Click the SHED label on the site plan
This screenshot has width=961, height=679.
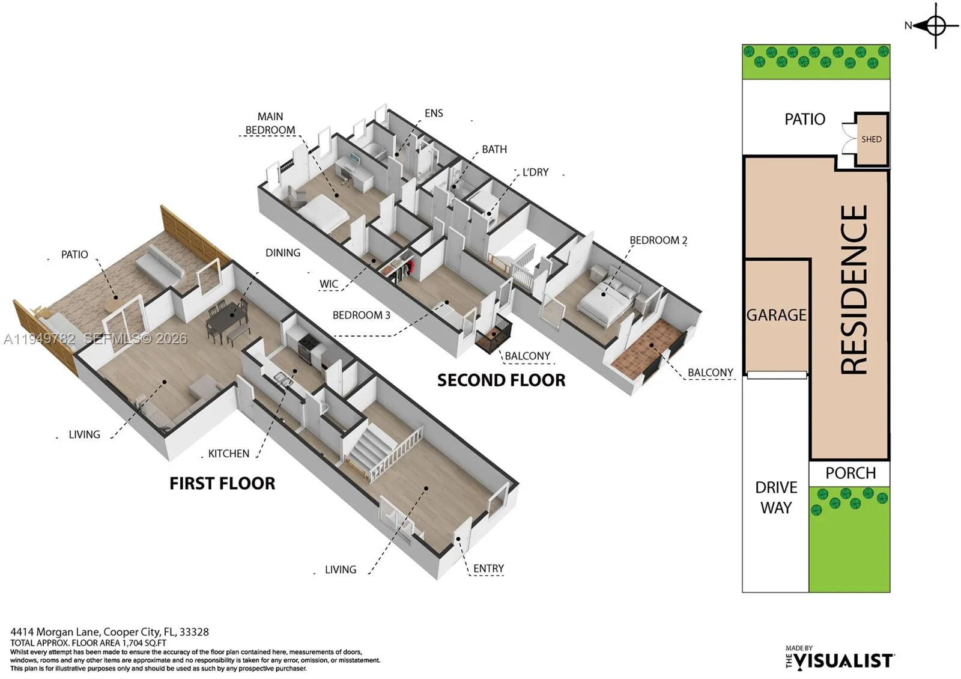pyautogui.click(x=871, y=139)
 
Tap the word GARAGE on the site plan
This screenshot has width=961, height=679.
pyautogui.click(x=776, y=315)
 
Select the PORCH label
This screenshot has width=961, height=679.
pyautogui.click(x=850, y=473)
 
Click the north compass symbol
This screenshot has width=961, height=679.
pyautogui.click(x=935, y=26)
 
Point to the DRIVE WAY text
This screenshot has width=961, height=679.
pyautogui.click(x=776, y=498)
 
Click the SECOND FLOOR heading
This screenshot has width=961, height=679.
pyautogui.click(x=501, y=380)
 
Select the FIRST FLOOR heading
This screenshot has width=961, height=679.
pyautogui.click(x=222, y=484)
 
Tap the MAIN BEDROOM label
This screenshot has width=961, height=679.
pyautogui.click(x=270, y=123)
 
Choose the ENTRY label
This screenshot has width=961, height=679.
pyautogui.click(x=488, y=568)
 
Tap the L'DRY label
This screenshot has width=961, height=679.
pyautogui.click(x=535, y=172)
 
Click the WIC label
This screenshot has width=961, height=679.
pyautogui.click(x=329, y=284)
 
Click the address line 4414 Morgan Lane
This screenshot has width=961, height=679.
pyautogui.click(x=109, y=632)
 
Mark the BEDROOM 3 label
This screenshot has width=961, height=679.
pyautogui.click(x=361, y=315)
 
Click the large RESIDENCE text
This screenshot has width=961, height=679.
pyautogui.click(x=853, y=290)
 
